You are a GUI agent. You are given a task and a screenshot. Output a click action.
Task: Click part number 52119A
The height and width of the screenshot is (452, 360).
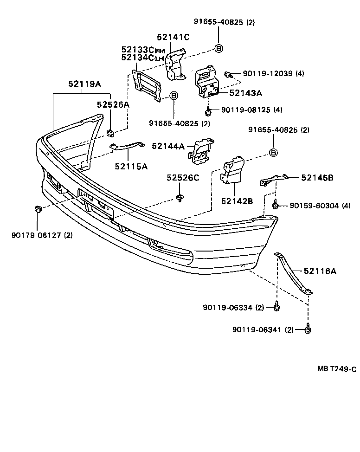point(84,84)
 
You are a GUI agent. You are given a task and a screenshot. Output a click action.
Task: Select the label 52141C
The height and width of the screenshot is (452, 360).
point(173,38)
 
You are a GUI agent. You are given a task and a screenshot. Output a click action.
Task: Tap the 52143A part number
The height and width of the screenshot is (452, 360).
point(245,93)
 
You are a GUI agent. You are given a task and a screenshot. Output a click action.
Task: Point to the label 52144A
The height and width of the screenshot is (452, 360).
point(168,146)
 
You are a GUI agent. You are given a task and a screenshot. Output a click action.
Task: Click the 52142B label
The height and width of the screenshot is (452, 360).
point(237,201)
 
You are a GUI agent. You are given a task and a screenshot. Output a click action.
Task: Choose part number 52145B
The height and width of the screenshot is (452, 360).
point(318,177)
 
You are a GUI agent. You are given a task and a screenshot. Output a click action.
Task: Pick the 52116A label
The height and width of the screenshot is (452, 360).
point(320,271)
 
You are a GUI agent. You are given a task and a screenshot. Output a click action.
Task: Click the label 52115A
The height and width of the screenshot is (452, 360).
point(131,166)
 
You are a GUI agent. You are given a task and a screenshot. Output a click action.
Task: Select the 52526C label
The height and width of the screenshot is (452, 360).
point(183,178)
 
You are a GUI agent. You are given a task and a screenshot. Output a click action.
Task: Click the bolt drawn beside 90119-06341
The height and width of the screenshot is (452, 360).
point(308,329)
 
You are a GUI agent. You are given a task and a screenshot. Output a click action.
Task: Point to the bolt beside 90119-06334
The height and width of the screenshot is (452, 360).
point(277,306)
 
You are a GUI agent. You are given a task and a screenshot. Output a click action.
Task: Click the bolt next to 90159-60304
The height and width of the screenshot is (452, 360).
point(276,204)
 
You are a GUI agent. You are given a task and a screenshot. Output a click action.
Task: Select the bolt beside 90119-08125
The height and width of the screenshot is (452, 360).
point(209,110)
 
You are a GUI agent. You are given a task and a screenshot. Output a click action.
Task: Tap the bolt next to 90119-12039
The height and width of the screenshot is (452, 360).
point(228,74)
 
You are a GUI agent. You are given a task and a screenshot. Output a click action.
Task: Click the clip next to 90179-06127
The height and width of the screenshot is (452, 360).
point(38,209)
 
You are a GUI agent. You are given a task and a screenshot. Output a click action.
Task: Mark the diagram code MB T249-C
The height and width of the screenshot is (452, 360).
point(336,369)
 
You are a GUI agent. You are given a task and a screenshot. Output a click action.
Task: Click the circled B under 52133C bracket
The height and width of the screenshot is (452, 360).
point(174,96)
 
